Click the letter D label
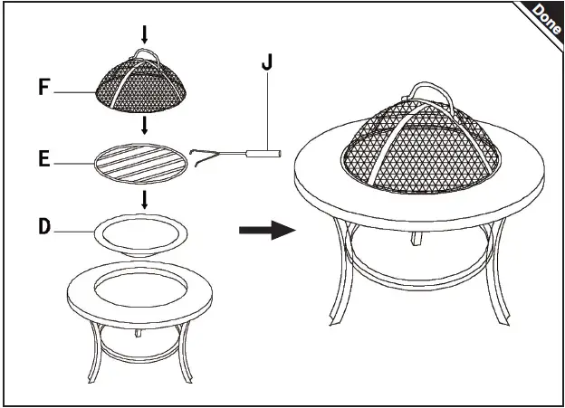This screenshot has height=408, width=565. (44, 227)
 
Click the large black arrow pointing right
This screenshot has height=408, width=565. (267, 231)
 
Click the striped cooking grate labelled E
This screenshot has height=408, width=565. (140, 163)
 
